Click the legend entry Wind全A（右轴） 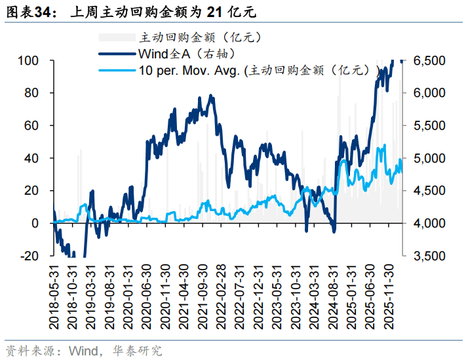tap(186, 54)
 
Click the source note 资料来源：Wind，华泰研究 tap(83, 350)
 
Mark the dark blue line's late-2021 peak tap(210, 96)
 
